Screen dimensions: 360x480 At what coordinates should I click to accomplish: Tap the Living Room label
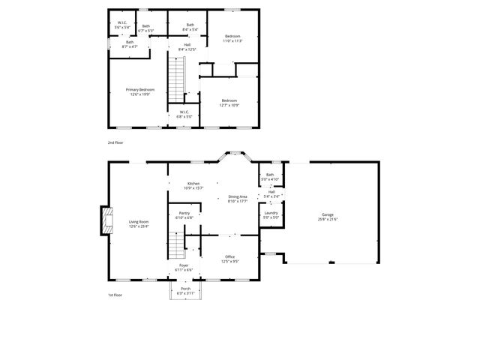pos(139,223)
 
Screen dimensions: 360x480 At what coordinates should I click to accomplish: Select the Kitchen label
pos(193,185)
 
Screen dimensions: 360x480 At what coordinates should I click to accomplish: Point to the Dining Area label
pos(238,199)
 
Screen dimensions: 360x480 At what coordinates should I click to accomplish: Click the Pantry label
pos(184,215)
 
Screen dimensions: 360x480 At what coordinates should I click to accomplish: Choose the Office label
pos(230,259)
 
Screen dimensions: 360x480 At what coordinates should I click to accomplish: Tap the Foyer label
pos(184,267)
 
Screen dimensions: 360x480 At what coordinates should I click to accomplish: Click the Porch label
pos(185,290)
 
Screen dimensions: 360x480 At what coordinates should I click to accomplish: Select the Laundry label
pos(271,215)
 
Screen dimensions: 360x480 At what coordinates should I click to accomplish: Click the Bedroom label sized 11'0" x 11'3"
pos(232,38)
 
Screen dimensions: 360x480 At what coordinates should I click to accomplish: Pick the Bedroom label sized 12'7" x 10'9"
pos(229,103)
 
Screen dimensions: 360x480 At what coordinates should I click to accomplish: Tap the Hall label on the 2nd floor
pos(187,47)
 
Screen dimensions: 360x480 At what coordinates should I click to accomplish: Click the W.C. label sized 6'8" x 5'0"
pos(184,115)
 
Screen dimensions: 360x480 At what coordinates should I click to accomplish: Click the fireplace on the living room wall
pos(106,222)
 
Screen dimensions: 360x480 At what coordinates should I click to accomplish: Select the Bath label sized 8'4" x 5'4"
pos(190,27)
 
